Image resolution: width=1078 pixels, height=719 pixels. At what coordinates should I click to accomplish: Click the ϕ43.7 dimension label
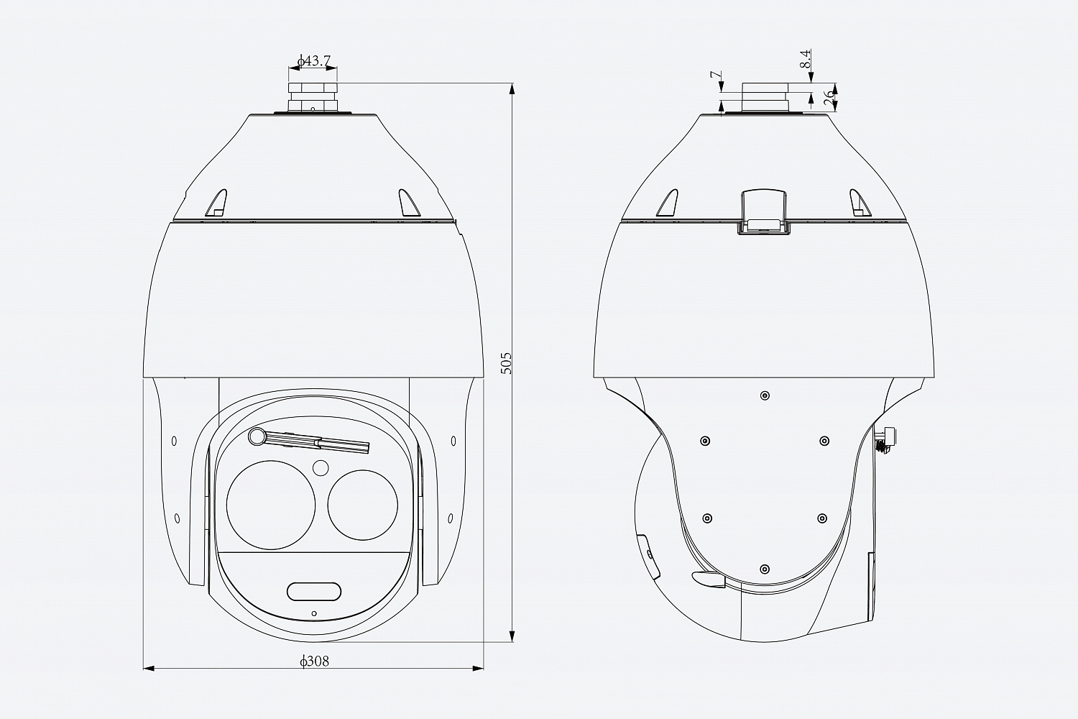click(x=314, y=61)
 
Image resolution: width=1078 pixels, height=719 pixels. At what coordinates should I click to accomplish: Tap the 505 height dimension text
click(x=506, y=362)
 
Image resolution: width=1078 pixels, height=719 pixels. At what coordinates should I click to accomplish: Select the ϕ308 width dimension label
click(x=314, y=661)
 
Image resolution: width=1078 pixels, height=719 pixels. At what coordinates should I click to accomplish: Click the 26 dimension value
click(x=829, y=98)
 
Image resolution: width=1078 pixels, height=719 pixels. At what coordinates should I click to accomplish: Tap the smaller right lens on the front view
click(x=363, y=503)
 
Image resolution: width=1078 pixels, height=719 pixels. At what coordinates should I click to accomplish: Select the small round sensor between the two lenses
click(x=321, y=468)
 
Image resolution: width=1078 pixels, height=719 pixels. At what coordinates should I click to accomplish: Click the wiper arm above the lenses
click(x=309, y=441)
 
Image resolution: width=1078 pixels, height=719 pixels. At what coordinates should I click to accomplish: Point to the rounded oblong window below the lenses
click(x=314, y=591)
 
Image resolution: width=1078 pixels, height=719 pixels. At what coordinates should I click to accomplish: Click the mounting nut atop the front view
click(x=313, y=96)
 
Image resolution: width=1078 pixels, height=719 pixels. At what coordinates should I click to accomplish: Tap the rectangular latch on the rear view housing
click(x=763, y=211)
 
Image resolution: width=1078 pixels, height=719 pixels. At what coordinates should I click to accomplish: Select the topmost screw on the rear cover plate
click(x=764, y=395)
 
